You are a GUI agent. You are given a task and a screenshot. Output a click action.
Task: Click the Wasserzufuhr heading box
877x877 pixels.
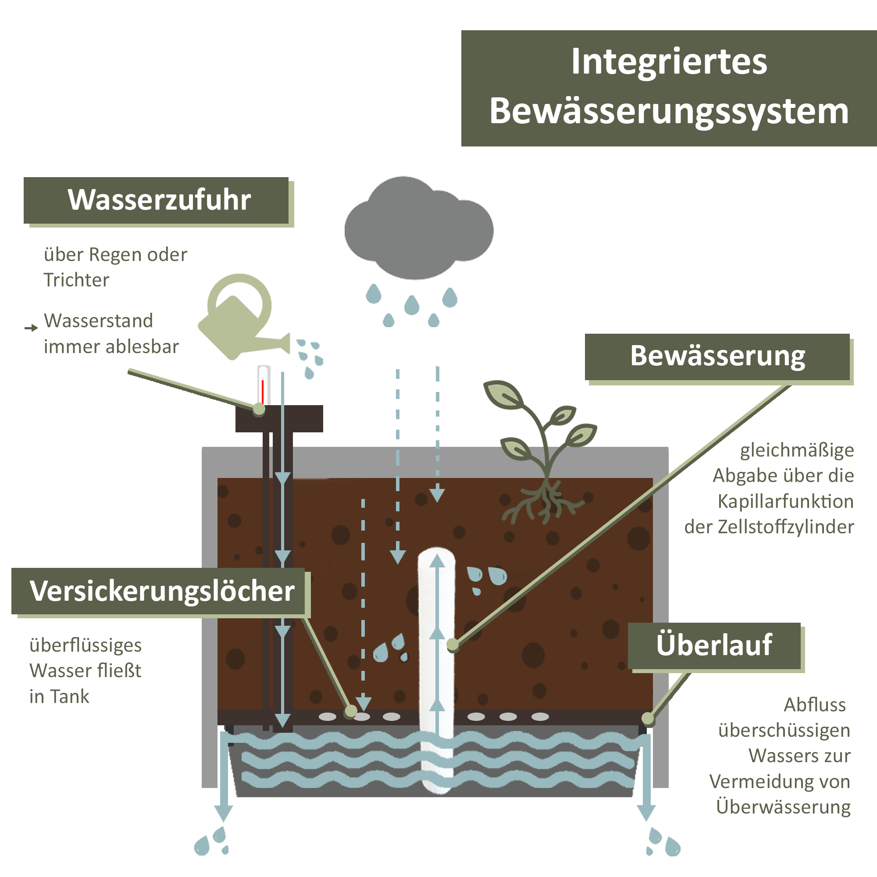tap(157, 200)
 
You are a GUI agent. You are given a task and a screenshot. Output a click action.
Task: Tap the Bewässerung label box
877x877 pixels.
tap(717, 357)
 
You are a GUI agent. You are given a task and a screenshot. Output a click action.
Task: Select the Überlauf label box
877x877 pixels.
tap(714, 645)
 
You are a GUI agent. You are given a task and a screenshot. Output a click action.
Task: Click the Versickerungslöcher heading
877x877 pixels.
tap(162, 592)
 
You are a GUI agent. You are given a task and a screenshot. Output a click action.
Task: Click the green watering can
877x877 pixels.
tap(236, 320)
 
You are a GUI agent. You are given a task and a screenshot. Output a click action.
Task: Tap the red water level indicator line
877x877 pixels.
tap(262, 391)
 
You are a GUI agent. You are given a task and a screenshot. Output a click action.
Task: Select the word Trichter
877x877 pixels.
tap(76, 280)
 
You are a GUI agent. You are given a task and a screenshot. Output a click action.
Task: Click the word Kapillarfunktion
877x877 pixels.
tap(785, 502)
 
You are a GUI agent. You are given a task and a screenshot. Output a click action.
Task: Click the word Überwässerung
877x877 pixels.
tap(783, 807)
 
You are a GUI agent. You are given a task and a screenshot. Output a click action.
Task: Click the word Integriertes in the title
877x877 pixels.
tap(669, 62)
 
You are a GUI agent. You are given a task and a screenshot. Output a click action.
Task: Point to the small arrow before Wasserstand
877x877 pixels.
tap(31, 328)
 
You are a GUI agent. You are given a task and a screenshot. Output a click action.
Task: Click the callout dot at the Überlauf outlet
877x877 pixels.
tap(648, 719)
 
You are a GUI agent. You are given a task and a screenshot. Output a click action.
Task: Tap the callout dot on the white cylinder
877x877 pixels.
tap(453, 644)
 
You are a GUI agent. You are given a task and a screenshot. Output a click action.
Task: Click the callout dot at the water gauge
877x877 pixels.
tap(259, 409)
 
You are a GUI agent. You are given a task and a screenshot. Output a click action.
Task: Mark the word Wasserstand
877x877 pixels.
tap(99, 321)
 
